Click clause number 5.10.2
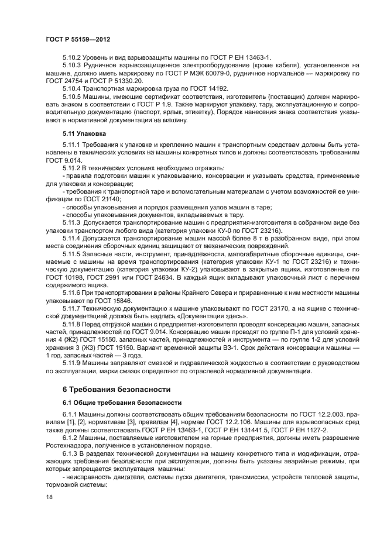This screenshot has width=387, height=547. click(x=73, y=57)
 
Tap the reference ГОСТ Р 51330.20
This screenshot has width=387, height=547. click(x=118, y=80)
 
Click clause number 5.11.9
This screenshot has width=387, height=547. click(x=73, y=362)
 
